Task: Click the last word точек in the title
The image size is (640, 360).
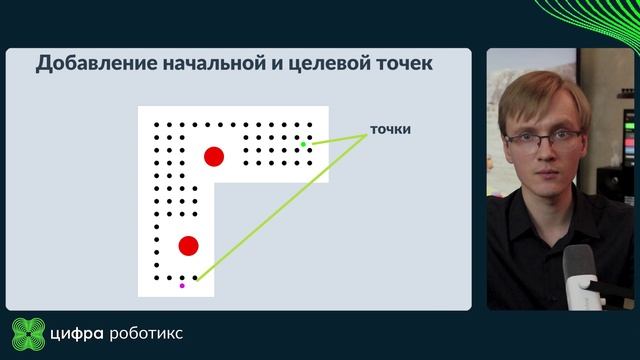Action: click(403, 64)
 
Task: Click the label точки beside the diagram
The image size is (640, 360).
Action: click(391, 130)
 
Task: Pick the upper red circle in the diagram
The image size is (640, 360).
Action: click(213, 156)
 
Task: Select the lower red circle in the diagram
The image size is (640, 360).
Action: click(188, 246)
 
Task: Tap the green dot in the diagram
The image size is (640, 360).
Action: click(303, 145)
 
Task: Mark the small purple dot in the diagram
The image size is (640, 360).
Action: click(182, 286)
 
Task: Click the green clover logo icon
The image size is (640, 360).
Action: click(29, 332)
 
